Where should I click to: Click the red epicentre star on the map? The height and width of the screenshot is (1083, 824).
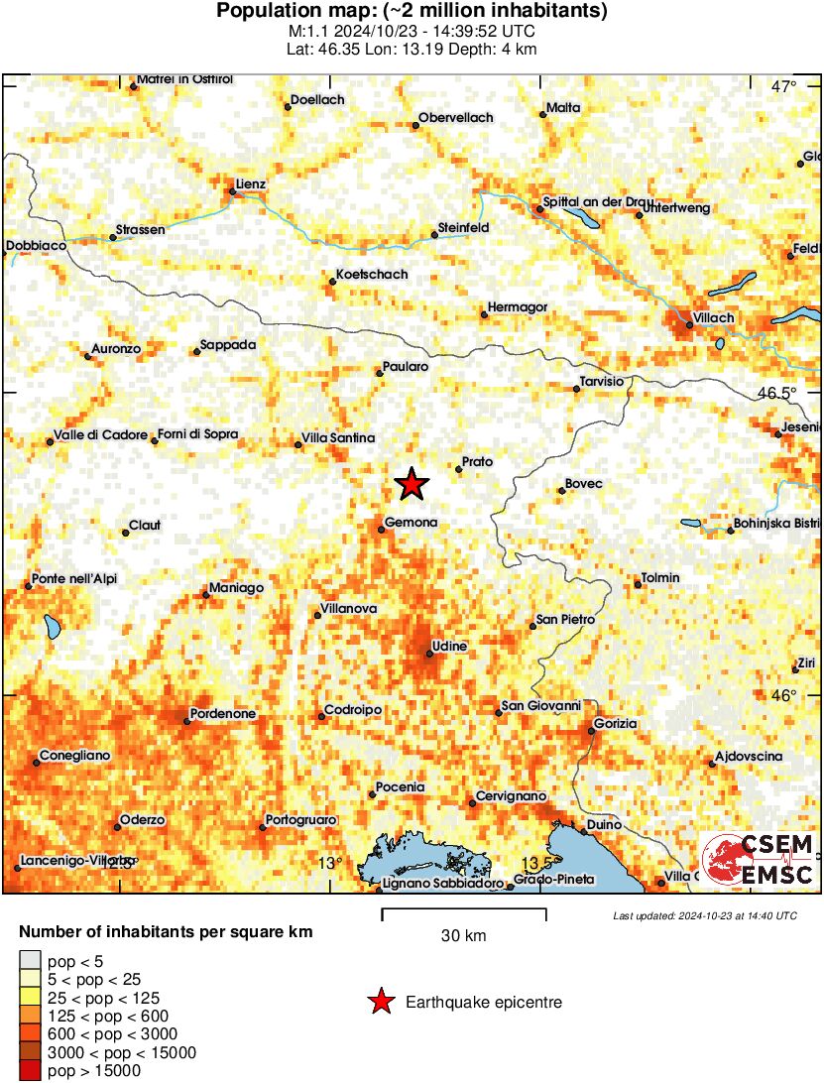(412, 484)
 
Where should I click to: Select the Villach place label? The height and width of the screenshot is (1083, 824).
(714, 317)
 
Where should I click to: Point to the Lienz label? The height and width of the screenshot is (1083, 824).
(251, 184)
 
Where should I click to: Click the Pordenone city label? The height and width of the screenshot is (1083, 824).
(224, 714)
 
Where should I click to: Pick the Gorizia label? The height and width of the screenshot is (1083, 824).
(617, 724)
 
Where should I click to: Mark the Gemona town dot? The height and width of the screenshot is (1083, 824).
(381, 530)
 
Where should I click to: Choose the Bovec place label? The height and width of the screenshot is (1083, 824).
(583, 484)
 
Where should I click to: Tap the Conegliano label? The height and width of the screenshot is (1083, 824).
(74, 756)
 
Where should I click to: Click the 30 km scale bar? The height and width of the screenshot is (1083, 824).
(464, 909)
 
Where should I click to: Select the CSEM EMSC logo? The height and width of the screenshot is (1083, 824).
(759, 861)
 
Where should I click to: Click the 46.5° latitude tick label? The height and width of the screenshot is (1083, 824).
(776, 393)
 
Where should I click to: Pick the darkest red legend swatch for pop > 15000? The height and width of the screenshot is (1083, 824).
(31, 1070)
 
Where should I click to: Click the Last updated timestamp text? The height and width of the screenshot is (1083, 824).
(705, 915)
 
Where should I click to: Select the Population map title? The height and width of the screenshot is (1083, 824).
(412, 11)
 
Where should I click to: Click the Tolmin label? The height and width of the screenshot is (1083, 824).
(660, 578)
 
